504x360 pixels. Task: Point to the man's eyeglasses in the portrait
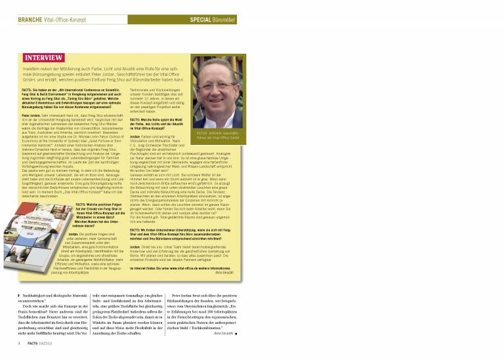tap(219, 85)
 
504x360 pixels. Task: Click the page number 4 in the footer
tap(19, 342)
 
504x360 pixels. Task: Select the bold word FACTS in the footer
tap(32, 342)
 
